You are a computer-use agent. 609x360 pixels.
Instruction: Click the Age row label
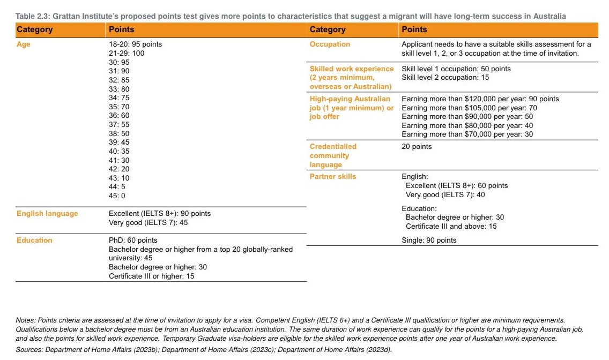click(24, 44)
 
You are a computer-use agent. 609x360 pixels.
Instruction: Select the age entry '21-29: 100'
click(127, 53)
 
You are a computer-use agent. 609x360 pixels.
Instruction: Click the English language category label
click(47, 213)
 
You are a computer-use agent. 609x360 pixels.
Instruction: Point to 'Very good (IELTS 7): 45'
click(148, 222)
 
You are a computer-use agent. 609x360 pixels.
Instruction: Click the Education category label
click(34, 240)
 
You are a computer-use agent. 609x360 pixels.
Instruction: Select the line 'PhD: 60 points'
click(133, 240)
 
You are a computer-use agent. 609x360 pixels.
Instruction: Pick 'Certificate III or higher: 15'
click(151, 276)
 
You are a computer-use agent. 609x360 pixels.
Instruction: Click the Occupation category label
click(330, 44)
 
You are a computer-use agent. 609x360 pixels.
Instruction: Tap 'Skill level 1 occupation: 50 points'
click(456, 69)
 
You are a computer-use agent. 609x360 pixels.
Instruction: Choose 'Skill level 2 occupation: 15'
click(445, 78)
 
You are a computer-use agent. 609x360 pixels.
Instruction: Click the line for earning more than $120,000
click(480, 99)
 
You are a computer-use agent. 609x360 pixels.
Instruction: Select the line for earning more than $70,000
click(467, 134)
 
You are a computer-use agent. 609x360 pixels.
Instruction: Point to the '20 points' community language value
click(417, 146)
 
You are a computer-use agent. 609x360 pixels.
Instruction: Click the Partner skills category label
click(332, 176)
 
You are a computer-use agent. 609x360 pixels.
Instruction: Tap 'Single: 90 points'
click(429, 240)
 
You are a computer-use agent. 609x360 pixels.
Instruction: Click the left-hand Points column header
click(121, 29)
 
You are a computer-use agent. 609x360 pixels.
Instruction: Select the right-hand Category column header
click(328, 29)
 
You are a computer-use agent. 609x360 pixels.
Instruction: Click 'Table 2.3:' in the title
click(33, 16)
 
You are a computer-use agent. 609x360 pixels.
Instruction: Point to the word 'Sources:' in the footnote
click(30, 350)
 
